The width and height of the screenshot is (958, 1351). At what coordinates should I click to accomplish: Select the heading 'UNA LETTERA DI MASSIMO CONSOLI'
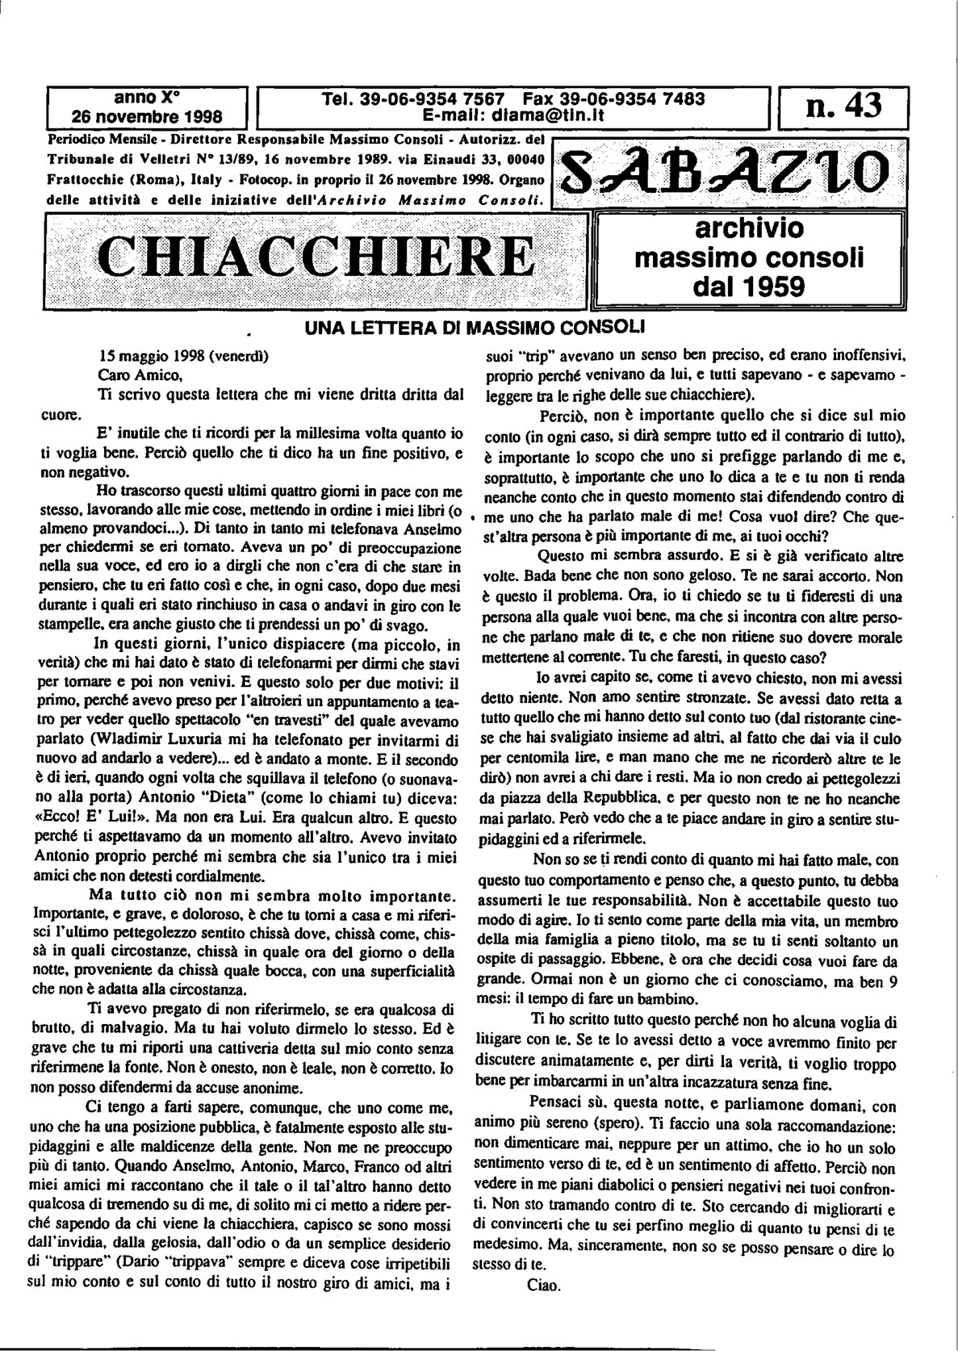point(474,329)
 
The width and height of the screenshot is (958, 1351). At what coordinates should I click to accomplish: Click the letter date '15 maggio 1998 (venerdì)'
point(183,356)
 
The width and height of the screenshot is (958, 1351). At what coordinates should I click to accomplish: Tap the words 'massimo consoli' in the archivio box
point(749,259)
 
